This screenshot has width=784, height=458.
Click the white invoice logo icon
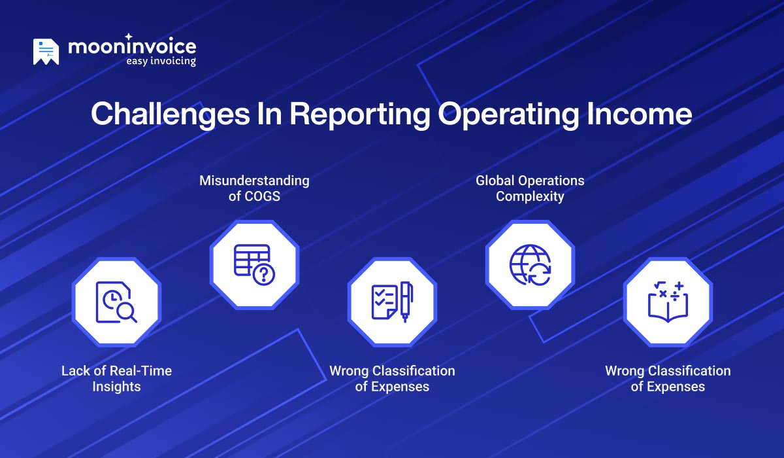(46, 52)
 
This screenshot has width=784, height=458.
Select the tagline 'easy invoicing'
(161, 62)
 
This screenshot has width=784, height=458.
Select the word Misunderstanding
(254, 180)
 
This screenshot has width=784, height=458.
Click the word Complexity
(530, 196)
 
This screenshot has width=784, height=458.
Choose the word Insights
(116, 387)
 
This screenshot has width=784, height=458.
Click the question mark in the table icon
(265, 274)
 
